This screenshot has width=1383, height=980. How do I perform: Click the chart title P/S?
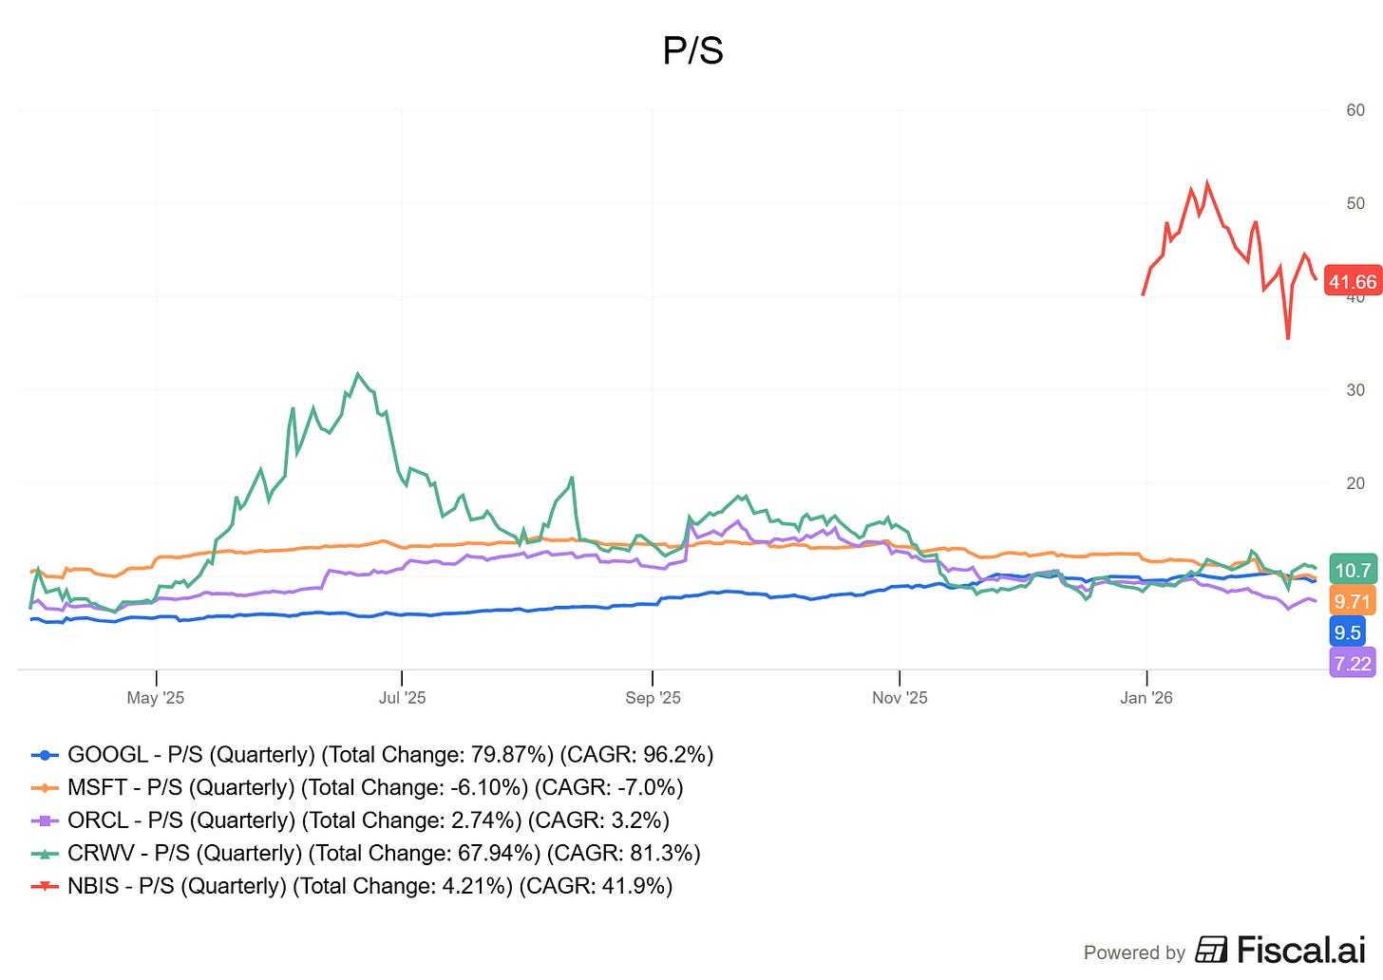(692, 50)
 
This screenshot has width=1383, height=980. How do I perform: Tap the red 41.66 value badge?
(1352, 281)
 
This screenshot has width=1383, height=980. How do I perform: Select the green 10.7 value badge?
(1353, 570)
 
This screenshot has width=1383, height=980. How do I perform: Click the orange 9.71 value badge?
(1352, 601)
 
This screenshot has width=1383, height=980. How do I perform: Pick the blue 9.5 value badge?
(1347, 632)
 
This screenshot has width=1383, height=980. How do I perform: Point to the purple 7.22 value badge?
(1352, 663)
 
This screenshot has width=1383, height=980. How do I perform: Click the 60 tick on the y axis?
(1355, 110)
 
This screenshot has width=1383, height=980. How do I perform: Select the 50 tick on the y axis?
(1355, 203)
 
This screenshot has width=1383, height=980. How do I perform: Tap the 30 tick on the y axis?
(1355, 390)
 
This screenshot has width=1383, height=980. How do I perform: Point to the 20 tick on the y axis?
(1355, 483)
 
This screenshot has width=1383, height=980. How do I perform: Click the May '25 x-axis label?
(156, 698)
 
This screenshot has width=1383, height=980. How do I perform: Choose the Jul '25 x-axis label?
(402, 698)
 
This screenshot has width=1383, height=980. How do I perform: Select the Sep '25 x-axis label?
(653, 698)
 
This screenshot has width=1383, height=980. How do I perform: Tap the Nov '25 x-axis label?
(900, 698)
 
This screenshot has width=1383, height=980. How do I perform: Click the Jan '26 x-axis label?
(1146, 698)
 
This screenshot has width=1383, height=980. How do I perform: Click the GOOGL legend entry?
(371, 755)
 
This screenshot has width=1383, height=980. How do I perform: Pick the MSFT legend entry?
(357, 787)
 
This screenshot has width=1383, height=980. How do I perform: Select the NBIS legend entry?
(351, 886)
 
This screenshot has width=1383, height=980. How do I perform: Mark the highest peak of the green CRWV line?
(358, 374)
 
